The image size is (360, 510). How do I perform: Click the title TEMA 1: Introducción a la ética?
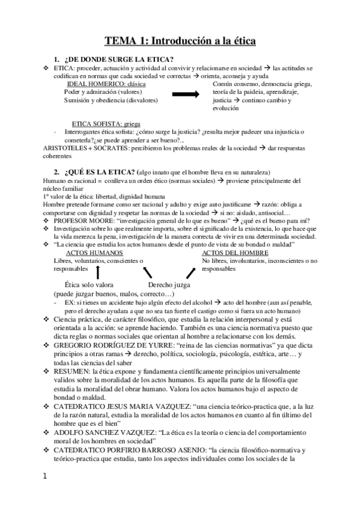pyautogui.click(x=180, y=41)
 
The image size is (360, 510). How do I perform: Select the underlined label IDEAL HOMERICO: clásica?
pyautogui.click(x=106, y=84)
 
